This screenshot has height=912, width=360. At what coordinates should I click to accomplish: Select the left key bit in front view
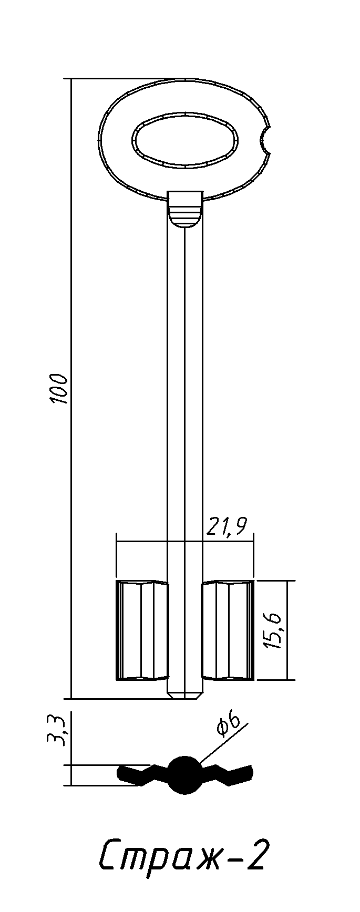(x=141, y=630)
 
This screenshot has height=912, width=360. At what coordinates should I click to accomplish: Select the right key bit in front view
(x=228, y=630)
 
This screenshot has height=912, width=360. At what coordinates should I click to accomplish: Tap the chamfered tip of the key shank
(x=185, y=695)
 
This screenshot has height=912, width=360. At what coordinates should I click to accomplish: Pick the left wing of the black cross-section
(x=142, y=775)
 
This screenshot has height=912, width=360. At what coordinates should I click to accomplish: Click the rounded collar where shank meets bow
(x=185, y=210)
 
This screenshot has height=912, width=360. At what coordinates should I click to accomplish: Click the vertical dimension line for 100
(x=71, y=389)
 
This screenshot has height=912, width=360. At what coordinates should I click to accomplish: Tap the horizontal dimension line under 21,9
(x=185, y=541)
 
